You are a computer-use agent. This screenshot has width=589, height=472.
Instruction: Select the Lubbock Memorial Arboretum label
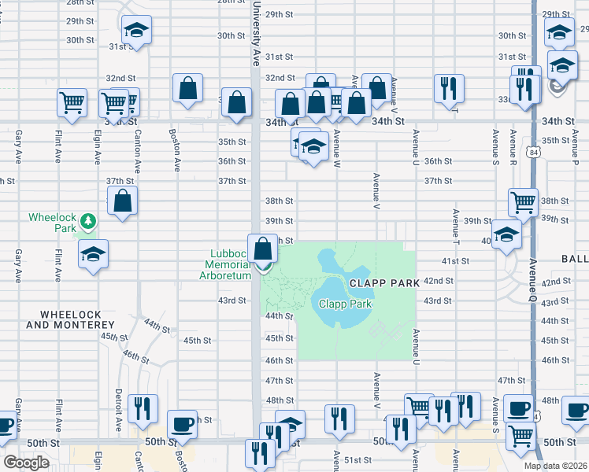[231, 264]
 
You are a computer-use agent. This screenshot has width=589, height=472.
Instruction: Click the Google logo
[25, 463]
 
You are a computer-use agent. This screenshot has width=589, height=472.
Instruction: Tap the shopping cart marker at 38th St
[523, 201]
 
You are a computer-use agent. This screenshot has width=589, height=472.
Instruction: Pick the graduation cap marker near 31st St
[136, 30]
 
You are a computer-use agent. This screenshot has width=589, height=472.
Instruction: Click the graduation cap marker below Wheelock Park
[93, 253]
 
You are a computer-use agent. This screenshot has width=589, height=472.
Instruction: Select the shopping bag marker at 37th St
[122, 201]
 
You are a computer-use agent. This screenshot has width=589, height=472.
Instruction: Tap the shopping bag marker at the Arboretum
[263, 248]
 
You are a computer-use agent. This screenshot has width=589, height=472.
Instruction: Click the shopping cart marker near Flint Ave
[72, 101]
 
